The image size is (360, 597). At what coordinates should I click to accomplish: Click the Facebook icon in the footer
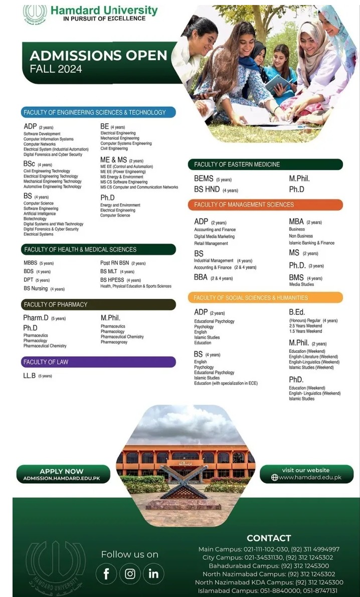tap(106, 574)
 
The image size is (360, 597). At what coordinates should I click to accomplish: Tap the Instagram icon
tap(130, 574)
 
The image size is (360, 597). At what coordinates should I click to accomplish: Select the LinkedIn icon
tap(153, 574)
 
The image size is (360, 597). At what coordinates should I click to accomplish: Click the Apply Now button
tap(62, 474)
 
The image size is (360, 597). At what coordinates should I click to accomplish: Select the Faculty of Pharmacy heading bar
tap(98, 304)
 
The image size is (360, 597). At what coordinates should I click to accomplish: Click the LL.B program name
tap(30, 375)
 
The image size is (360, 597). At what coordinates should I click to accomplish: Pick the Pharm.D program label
tap(36, 318)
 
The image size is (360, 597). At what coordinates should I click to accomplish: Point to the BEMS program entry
tap(204, 178)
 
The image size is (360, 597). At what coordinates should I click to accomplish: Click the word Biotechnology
tap(35, 219)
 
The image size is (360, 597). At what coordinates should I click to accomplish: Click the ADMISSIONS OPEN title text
tap(98, 55)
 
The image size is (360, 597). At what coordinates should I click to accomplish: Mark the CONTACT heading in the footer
tap(269, 538)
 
